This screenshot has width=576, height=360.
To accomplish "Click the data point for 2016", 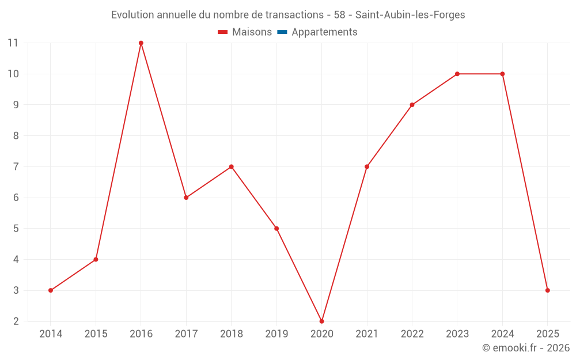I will [141, 43].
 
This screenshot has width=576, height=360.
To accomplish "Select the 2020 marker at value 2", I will [321, 321].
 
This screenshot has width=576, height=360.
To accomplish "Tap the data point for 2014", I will [51, 290].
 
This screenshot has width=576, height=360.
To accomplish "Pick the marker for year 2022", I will [412, 105].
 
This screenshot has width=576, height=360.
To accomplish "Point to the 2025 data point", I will [547, 290].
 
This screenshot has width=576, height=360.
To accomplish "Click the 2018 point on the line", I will [231, 166].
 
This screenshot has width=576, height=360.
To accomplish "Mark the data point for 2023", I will [457, 74].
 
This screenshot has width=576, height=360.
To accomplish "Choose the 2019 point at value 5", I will [276, 229].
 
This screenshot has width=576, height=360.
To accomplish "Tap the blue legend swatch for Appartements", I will [282, 32].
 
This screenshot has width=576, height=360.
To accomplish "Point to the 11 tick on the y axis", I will [13, 43].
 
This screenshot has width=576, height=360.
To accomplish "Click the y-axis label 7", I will [16, 166].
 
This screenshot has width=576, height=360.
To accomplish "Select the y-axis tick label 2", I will [16, 321].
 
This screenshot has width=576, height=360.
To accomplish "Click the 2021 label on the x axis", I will [367, 334].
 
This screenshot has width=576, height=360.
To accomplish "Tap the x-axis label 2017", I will [186, 334].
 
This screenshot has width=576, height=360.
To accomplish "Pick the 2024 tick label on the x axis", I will [502, 334].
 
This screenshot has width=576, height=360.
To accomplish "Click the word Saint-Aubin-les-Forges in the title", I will [414, 15].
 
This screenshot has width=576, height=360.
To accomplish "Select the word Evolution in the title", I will [132, 15].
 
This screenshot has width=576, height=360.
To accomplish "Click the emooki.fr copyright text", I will [526, 348].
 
